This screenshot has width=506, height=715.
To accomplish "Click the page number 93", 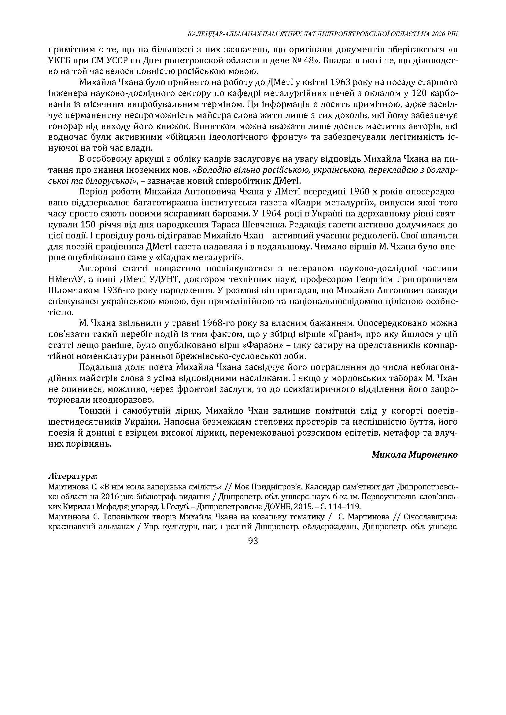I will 253,541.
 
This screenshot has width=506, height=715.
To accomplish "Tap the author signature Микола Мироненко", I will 415,455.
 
